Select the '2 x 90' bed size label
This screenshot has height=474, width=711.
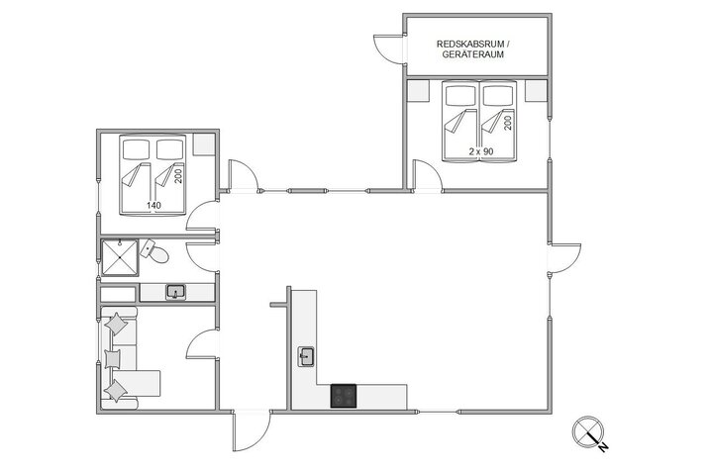click(481, 150)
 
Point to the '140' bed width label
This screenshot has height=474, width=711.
click(153, 206)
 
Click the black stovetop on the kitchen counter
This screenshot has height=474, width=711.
click(344, 396)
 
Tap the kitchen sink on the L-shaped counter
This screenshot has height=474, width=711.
click(306, 355)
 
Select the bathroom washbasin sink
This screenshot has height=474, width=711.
click(175, 292)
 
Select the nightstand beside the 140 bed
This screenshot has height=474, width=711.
click(204, 145)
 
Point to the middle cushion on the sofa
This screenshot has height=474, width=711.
click(114, 356)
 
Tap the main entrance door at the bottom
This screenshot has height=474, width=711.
click(253, 428)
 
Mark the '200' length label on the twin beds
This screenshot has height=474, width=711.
click(508, 124)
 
